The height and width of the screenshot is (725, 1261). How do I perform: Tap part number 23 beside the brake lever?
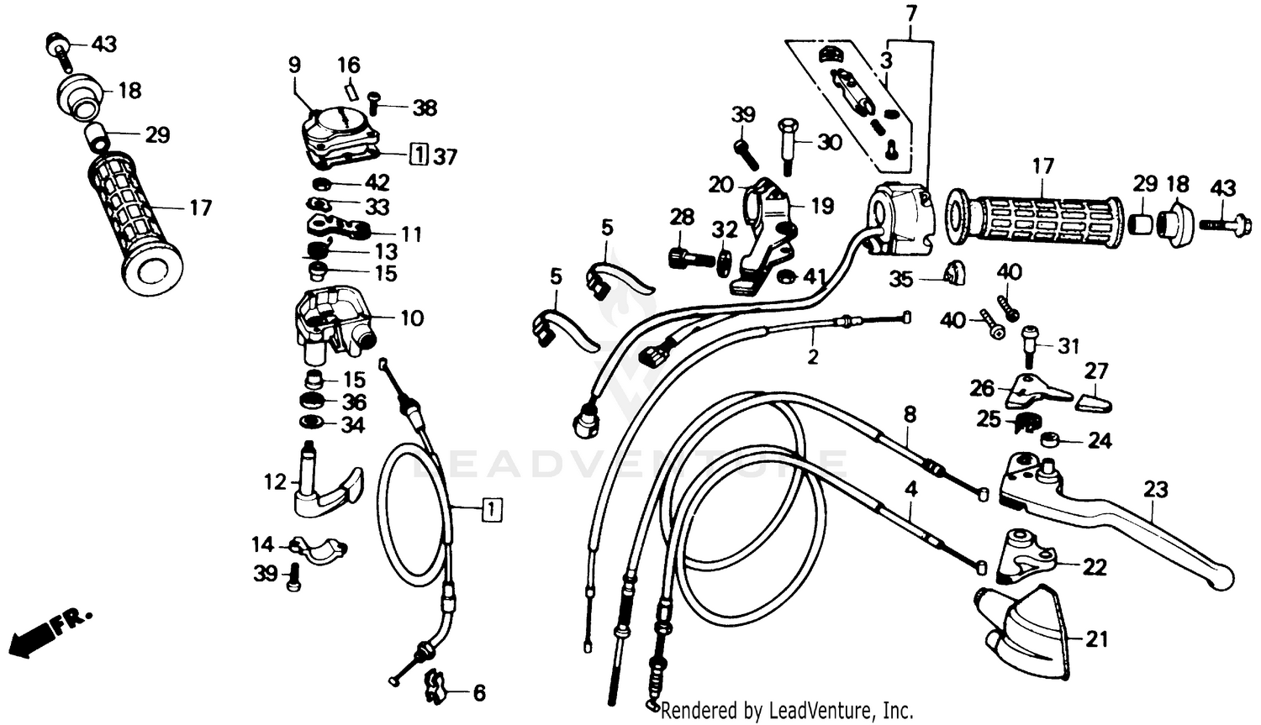[1157, 490]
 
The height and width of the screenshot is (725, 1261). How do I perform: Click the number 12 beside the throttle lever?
[275, 482]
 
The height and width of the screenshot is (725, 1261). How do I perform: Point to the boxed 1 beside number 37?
[418, 155]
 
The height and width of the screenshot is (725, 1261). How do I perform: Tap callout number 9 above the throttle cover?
[293, 65]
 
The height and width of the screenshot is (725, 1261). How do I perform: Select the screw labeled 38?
[375, 106]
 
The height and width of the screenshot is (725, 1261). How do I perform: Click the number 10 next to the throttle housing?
[412, 318]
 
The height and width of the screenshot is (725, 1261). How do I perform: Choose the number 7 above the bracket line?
[912, 13]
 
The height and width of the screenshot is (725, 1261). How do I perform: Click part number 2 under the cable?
[812, 357]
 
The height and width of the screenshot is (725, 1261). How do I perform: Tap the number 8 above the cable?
[910, 414]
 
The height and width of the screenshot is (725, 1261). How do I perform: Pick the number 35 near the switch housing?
[900, 279]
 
